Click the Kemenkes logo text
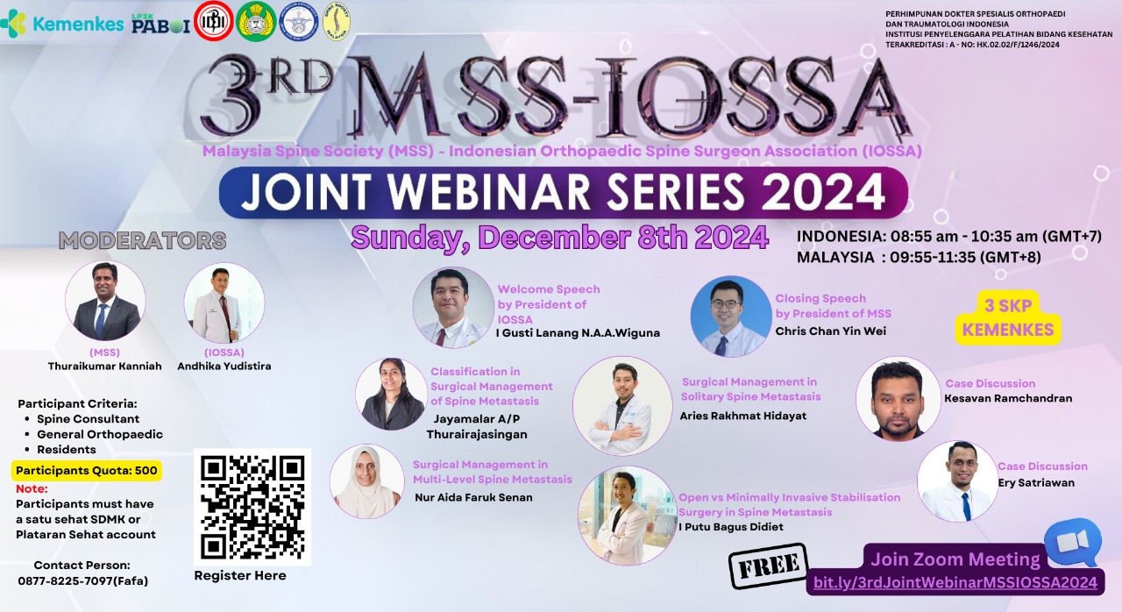(x=77, y=24)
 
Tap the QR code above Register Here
(x=252, y=506)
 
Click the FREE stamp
(x=769, y=567)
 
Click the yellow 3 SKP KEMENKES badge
(x=1009, y=318)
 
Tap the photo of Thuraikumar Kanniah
(x=105, y=302)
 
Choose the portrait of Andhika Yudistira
(x=224, y=303)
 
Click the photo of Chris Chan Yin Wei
(x=730, y=317)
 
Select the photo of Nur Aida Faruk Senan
(x=366, y=481)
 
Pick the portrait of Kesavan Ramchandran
(x=898, y=398)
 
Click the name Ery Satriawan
(x=1035, y=482)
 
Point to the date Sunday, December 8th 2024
(x=559, y=237)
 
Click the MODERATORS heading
(x=142, y=240)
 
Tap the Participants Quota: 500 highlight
(x=87, y=470)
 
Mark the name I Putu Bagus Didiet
(x=731, y=527)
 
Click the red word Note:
(x=32, y=488)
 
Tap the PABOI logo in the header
(x=160, y=24)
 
